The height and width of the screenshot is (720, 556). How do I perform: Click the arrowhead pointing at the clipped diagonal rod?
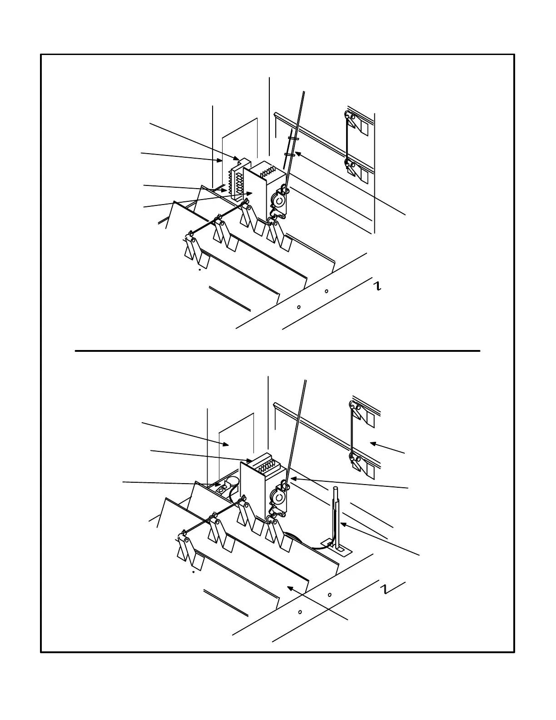point(298,154)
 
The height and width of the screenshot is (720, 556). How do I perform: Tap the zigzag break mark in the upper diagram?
point(377,285)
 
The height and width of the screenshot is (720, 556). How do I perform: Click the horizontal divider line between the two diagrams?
point(277,351)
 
